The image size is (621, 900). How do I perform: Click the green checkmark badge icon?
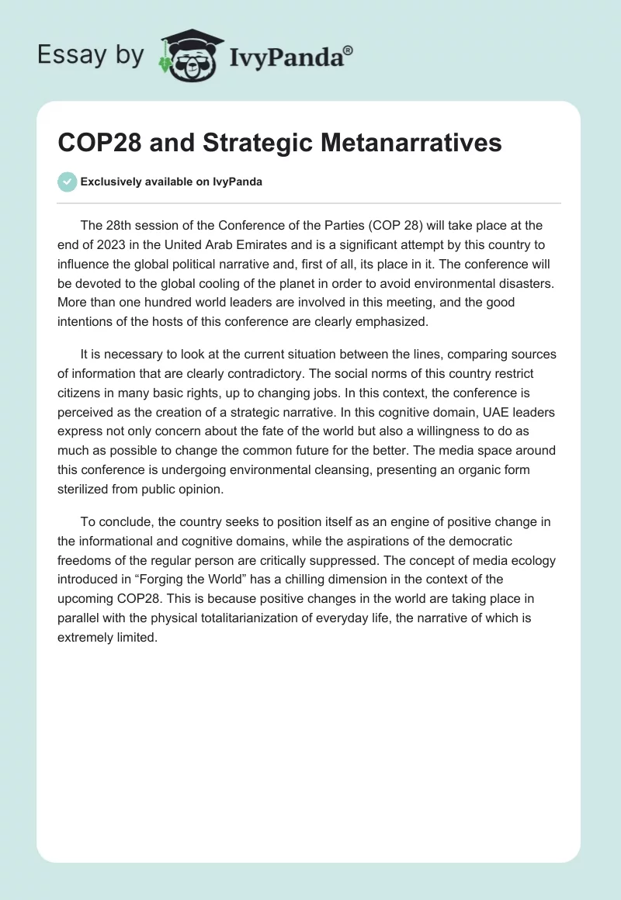[x=68, y=182]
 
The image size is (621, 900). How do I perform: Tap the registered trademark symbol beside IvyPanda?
[x=349, y=50]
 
